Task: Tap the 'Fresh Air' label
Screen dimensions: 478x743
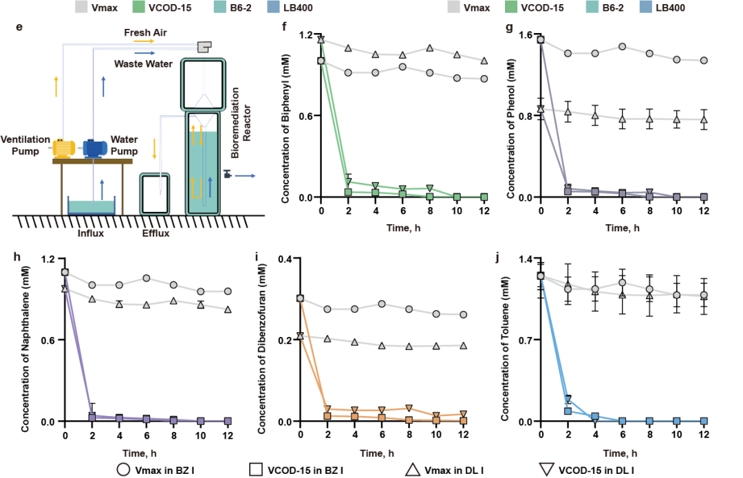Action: pos(146,33)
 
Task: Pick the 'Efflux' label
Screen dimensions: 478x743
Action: pos(155,233)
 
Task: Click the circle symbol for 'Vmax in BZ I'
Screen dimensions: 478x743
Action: pos(124,469)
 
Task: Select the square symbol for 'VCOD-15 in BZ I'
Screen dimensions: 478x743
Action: pos(255,469)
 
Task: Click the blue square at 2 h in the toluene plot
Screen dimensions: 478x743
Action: pos(568,411)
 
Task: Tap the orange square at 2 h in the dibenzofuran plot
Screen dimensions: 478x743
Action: pos(327,416)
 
